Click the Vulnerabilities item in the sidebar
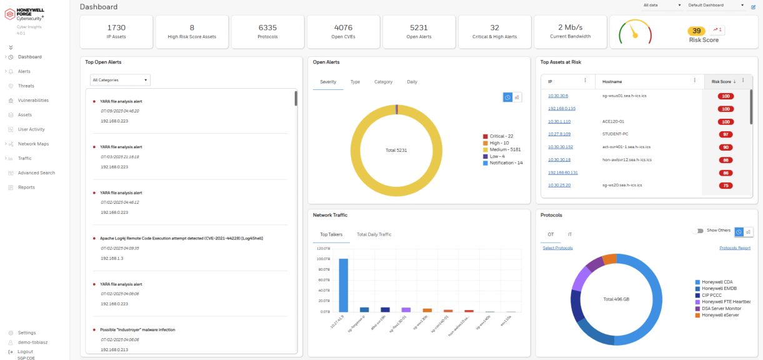click(32, 100)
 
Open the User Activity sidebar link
click(31, 129)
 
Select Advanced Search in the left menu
click(36, 172)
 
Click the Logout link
click(25, 352)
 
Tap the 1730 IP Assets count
click(116, 27)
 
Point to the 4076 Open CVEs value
click(343, 27)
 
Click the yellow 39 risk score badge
click(696, 31)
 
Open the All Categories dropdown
click(121, 80)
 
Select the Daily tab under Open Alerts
click(412, 82)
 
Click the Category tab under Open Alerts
click(383, 82)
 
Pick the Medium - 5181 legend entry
click(505, 149)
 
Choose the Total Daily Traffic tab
click(374, 234)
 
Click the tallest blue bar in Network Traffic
click(343, 284)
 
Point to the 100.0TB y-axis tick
click(324, 259)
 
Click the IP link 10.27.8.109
click(559, 134)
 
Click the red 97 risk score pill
click(726, 134)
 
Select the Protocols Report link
click(735, 248)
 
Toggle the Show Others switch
click(698, 231)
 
